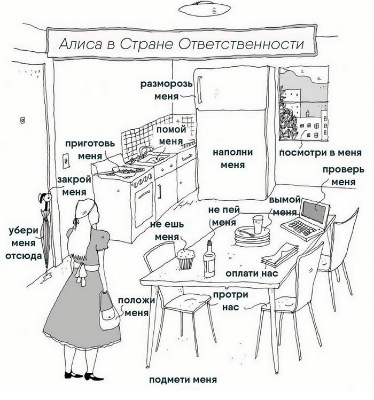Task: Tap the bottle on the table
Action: [x=209, y=259]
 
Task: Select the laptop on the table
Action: [x=307, y=217]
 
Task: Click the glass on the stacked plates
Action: [x=258, y=224]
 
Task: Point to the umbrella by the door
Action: [x=46, y=235]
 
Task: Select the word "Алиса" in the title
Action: [x=76, y=44]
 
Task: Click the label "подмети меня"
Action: [x=183, y=380]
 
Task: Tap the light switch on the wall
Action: [x=65, y=160]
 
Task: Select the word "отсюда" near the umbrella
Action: [x=23, y=255]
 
